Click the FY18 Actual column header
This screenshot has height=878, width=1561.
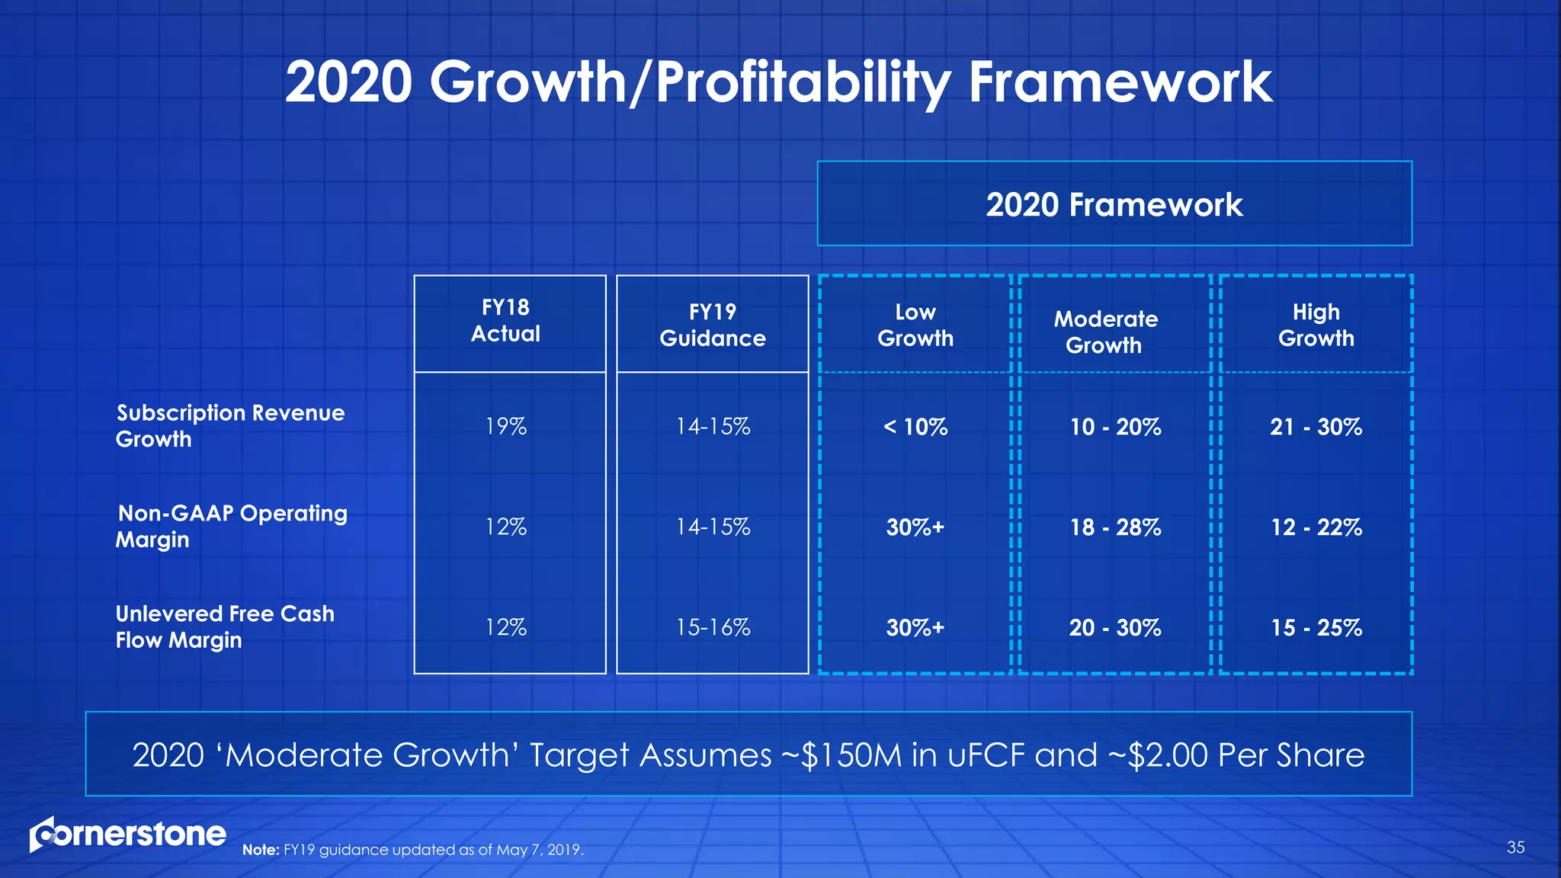[505, 321]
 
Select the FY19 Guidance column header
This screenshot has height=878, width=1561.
[713, 325]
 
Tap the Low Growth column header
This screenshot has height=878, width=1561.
[915, 325]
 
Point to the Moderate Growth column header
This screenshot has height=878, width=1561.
[1105, 332]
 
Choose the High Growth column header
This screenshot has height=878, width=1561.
[1316, 325]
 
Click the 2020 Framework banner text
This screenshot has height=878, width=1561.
[1114, 205]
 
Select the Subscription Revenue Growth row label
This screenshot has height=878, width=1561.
[229, 426]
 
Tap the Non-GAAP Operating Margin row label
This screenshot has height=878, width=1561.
[231, 527]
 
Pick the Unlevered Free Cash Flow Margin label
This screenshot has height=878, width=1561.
[225, 627]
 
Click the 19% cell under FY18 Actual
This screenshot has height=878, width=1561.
[506, 427]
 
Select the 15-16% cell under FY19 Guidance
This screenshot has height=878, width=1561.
[713, 628]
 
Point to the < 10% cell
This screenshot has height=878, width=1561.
[915, 427]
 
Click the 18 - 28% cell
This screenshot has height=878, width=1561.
[1115, 527]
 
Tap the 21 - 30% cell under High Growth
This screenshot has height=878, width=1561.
[1316, 427]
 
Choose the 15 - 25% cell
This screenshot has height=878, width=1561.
[1316, 628]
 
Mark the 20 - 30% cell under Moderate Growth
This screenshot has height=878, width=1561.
[1114, 628]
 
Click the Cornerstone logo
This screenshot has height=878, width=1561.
[127, 835]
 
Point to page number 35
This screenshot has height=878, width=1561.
[1515, 848]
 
